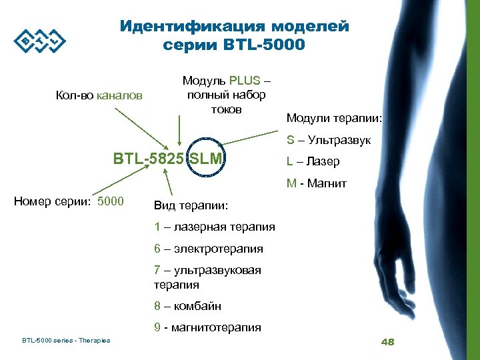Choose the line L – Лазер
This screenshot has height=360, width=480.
coord(313,161)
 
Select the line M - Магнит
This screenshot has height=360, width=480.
coord(316,183)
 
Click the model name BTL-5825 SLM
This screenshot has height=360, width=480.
coord(170,159)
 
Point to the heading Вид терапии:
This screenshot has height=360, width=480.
coord(191,205)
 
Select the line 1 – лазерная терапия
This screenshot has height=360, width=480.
coord(214,227)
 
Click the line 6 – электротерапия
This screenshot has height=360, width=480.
coord(208,249)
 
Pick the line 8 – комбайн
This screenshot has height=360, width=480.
coord(187,306)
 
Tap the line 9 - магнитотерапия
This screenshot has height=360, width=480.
coord(207,327)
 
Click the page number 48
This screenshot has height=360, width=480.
coord(387,342)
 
